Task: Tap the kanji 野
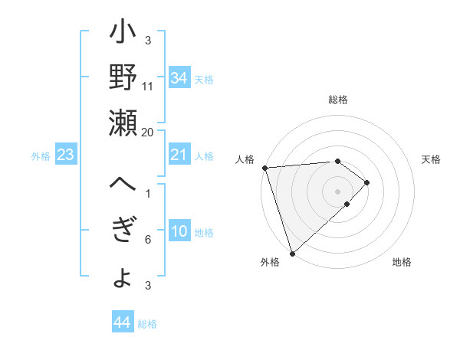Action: point(123,78)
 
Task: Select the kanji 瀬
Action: point(123,122)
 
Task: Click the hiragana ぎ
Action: point(123,231)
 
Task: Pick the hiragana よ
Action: point(123,277)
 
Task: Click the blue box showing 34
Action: point(179,79)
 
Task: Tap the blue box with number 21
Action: point(179,155)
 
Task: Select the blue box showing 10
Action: point(179,232)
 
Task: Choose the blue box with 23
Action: point(66,155)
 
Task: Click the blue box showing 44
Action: point(122,322)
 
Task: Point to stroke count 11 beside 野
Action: point(148,86)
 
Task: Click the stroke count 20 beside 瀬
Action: point(147,132)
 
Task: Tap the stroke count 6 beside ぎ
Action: point(148,240)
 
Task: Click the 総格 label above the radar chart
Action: point(338,100)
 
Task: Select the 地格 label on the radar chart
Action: point(402,263)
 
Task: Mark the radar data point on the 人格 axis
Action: point(264,168)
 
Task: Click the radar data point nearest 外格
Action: point(292,252)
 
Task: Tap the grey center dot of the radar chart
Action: point(337,190)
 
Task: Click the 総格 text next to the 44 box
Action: point(148,324)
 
